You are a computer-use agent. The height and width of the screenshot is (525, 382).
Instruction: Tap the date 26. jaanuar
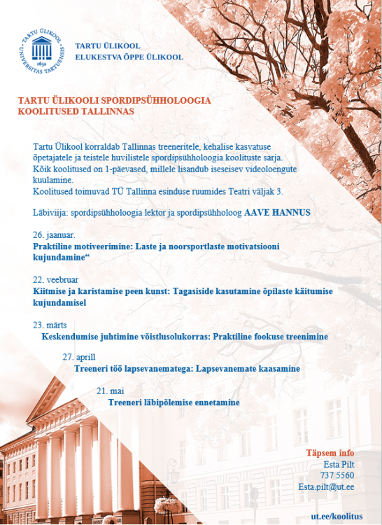pyautogui.click(x=54, y=235)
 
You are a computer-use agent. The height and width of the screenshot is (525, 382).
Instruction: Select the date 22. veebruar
pyautogui.click(x=57, y=279)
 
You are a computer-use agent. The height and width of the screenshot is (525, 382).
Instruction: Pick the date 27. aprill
pyautogui.click(x=78, y=357)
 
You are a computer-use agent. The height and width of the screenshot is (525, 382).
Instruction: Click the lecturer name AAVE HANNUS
pyautogui.click(x=277, y=211)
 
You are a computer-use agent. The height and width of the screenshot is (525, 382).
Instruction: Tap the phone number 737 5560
pyautogui.click(x=339, y=475)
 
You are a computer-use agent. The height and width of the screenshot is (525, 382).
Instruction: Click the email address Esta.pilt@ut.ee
pyautogui.click(x=326, y=486)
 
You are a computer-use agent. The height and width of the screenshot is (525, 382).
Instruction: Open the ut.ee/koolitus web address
pyautogui.click(x=337, y=516)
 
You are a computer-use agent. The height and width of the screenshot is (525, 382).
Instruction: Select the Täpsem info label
pyautogui.click(x=330, y=453)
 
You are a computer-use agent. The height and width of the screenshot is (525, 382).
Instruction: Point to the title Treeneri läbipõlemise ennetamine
pyautogui.click(x=174, y=402)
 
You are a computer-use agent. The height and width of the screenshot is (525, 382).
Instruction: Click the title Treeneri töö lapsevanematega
pyautogui.click(x=133, y=368)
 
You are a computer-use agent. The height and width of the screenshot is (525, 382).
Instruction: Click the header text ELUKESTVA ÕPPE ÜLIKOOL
pyautogui.click(x=129, y=57)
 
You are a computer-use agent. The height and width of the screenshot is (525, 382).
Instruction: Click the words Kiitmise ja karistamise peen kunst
pyautogui.click(x=97, y=290)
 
